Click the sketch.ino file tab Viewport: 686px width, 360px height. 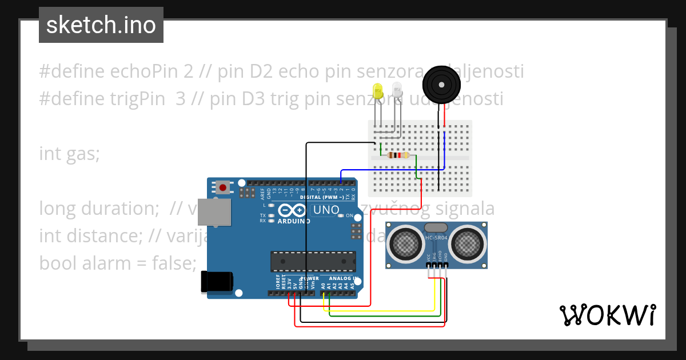coord(101,25)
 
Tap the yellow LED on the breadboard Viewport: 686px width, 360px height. coord(377,91)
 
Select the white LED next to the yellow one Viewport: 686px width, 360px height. coord(397,90)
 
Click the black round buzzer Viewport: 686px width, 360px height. coord(441,85)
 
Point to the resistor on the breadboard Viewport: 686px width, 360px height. coord(398,155)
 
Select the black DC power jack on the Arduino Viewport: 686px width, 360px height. coord(217,282)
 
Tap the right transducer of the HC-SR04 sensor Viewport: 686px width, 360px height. coord(467,245)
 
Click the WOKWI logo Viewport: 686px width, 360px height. coord(607,315)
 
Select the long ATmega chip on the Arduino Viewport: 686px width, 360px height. coord(313,261)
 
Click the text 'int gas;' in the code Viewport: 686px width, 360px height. coord(69,154)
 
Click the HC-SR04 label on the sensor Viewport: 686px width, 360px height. coord(437,237)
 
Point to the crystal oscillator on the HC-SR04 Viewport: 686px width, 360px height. coord(437,227)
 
